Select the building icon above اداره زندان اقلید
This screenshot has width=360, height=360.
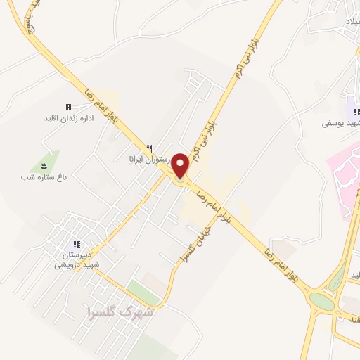pyautogui.click(x=68, y=107)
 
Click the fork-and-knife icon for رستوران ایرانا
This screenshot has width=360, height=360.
pyautogui.click(x=149, y=148)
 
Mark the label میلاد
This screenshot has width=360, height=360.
pyautogui.click(x=349, y=23)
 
